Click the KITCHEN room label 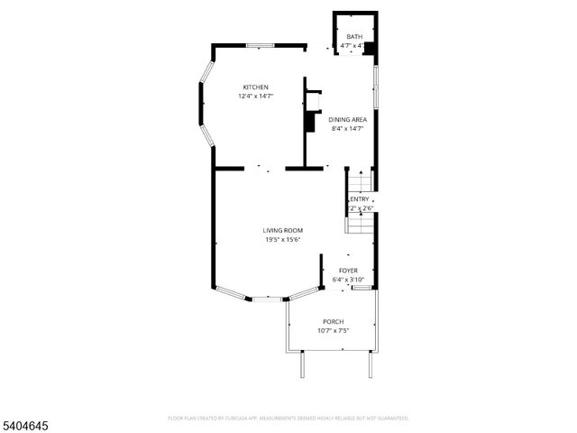tap(255, 87)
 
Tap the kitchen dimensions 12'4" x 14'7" tap(255, 96)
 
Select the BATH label tap(353, 37)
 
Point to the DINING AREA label tap(347, 119)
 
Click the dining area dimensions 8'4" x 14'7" tap(347, 128)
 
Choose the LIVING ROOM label tap(282, 230)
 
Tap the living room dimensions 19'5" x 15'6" tap(282, 239)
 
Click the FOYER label tap(348, 271)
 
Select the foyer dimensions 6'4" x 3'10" tap(348, 280)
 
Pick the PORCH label tap(334, 321)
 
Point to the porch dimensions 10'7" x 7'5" tap(334, 331)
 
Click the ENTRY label tap(361, 199)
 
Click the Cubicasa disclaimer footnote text tap(288, 418)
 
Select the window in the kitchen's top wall tap(261, 44)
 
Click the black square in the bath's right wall tap(368, 48)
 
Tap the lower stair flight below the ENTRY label tap(361, 223)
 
